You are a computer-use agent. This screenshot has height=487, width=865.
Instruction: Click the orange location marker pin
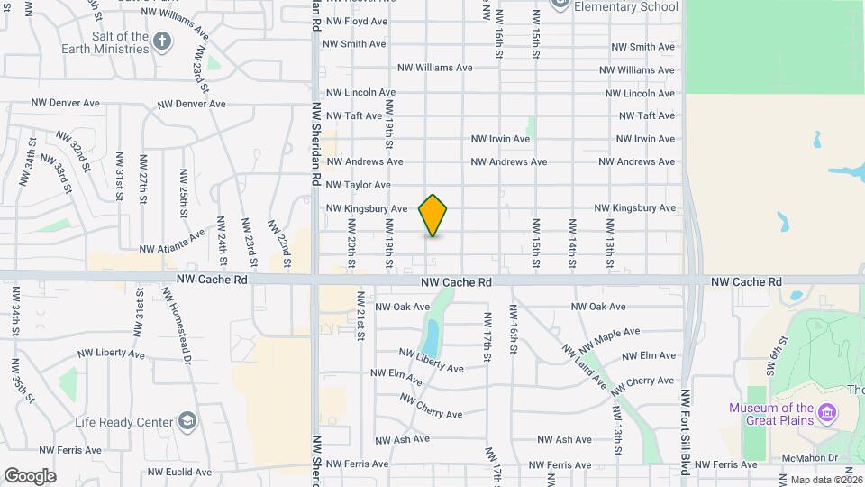(433, 215)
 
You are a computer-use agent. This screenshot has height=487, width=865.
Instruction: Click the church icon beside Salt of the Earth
(162, 41)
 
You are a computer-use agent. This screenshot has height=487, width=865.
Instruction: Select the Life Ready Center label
(123, 422)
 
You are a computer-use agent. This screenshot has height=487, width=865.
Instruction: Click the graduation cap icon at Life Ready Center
(187, 421)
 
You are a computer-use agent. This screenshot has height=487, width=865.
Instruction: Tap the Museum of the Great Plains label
(771, 414)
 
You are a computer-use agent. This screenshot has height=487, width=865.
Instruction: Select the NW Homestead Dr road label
(178, 326)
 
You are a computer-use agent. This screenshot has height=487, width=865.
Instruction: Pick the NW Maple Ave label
(610, 341)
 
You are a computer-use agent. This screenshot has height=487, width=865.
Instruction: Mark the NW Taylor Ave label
(358, 185)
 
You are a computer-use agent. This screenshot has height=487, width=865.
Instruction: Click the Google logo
(30, 476)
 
